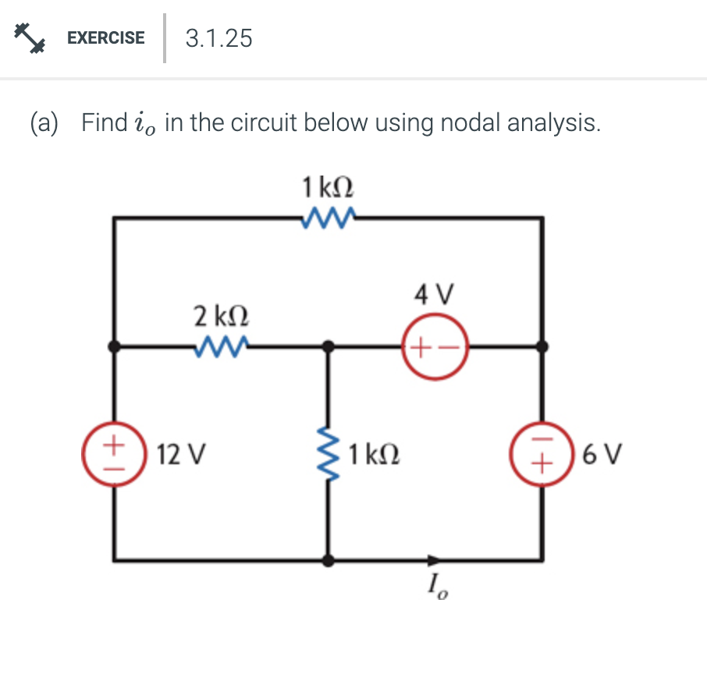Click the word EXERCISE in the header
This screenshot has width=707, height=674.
pos(105,37)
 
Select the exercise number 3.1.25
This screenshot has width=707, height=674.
pos(219,38)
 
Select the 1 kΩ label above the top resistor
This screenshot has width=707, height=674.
pos(328,187)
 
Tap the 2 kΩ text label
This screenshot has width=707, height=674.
pos(222,316)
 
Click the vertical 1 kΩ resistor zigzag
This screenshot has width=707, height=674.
pos(329,453)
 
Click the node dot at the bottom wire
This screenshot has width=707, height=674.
pos(329,559)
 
